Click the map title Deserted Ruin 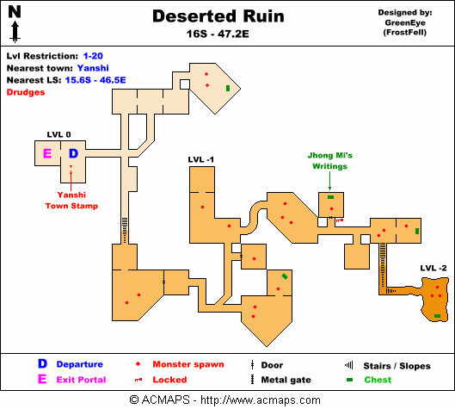pyautogui.click(x=218, y=16)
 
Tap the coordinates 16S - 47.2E pyautogui.click(x=218, y=34)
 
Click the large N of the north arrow pyautogui.click(x=15, y=12)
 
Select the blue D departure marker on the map pyautogui.click(x=73, y=153)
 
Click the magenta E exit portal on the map pyautogui.click(x=47, y=153)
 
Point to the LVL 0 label pyautogui.click(x=58, y=134)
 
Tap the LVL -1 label pyautogui.click(x=200, y=159)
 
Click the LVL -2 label pyautogui.click(x=433, y=268)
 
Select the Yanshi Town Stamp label pyautogui.click(x=71, y=200)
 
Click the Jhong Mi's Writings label pyautogui.click(x=330, y=161)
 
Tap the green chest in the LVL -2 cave pyautogui.click(x=437, y=316)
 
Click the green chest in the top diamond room pyautogui.click(x=228, y=88)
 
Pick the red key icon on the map pyautogui.click(x=340, y=220)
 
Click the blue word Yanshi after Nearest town pyautogui.click(x=93, y=68)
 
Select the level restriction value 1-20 pyautogui.click(x=93, y=56)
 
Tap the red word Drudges pyautogui.click(x=26, y=92)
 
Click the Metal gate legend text pyautogui.click(x=286, y=380)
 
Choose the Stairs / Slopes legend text pyautogui.click(x=397, y=366)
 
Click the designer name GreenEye pyautogui.click(x=405, y=22)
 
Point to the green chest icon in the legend pyautogui.click(x=350, y=380)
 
